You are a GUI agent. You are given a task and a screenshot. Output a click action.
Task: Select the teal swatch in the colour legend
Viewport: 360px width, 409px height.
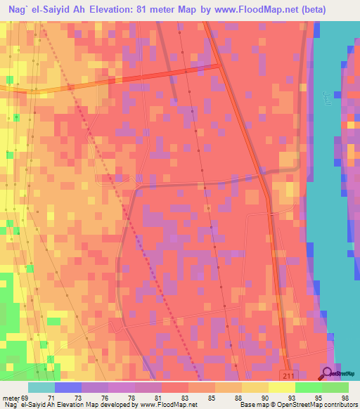click(41, 387)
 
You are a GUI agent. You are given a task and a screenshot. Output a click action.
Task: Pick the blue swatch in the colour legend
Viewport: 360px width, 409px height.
click(68, 387)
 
